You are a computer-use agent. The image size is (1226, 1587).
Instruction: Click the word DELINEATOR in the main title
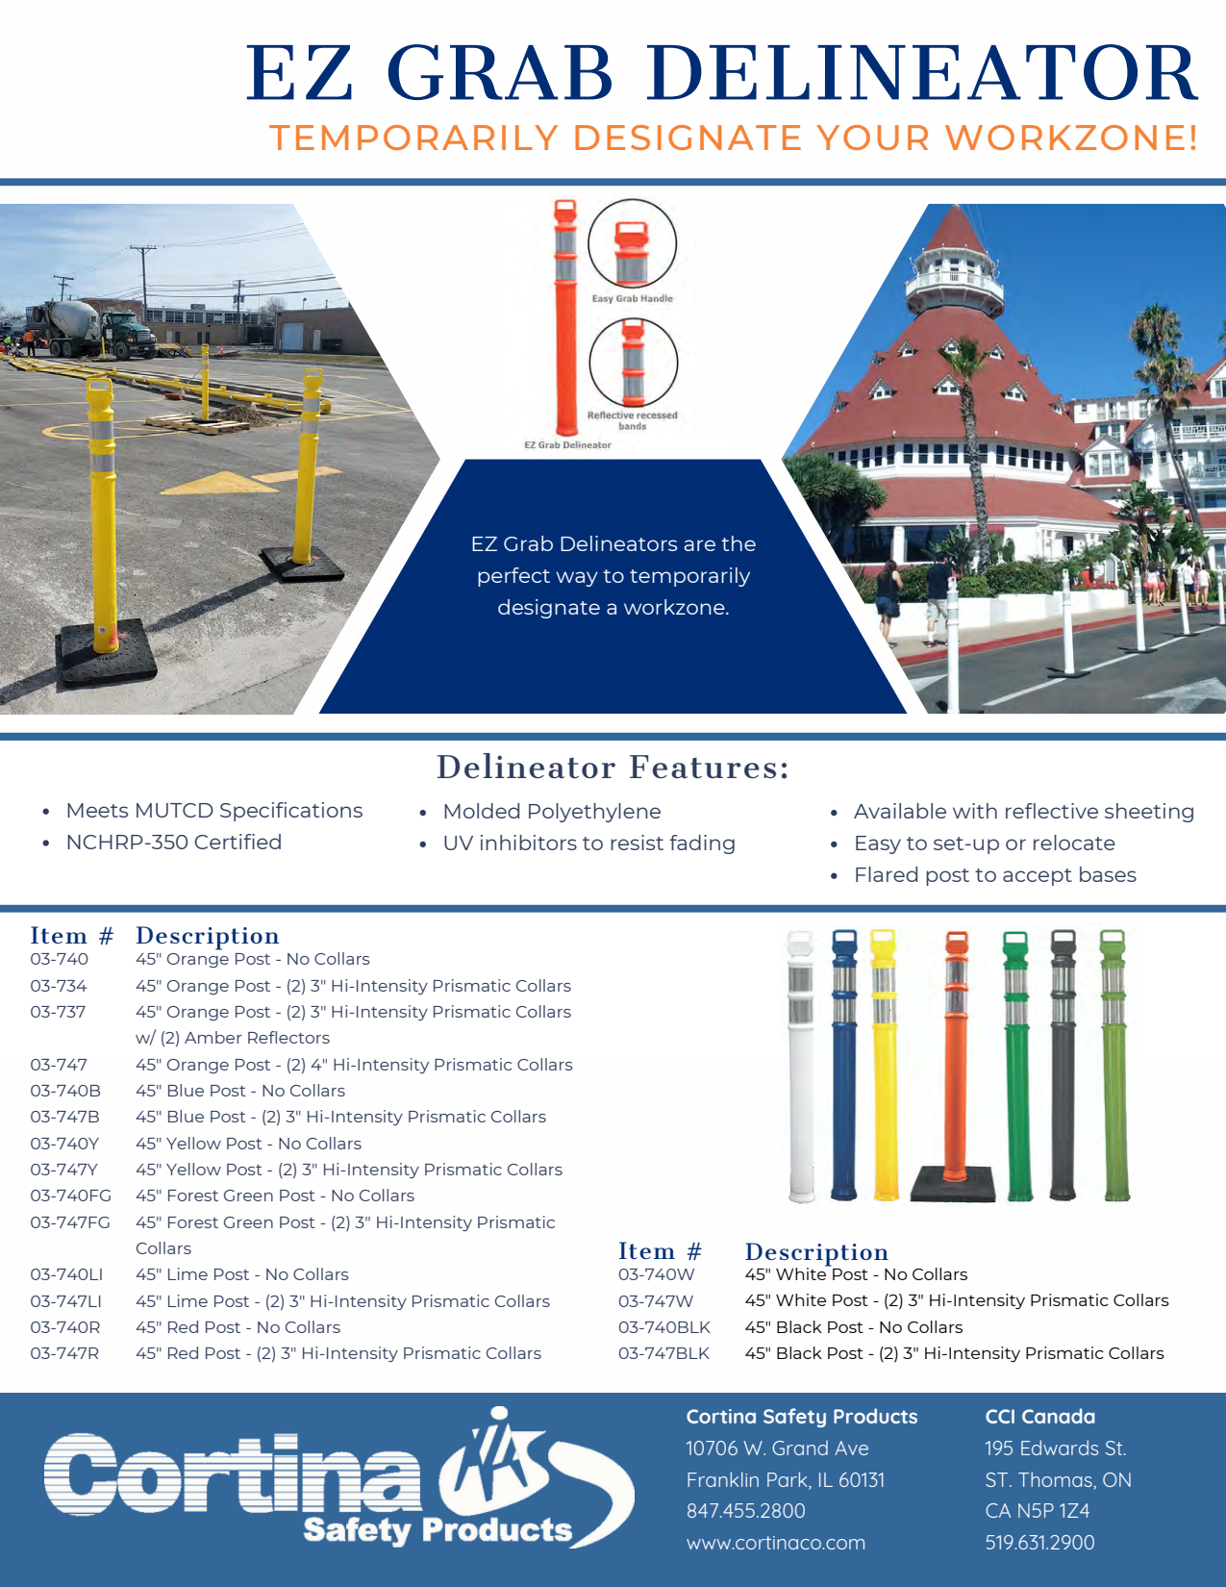point(922,73)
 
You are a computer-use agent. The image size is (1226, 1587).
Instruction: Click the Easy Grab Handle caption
point(633,298)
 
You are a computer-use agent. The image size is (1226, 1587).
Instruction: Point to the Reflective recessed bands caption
point(633,420)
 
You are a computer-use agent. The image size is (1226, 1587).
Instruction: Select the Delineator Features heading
point(613,768)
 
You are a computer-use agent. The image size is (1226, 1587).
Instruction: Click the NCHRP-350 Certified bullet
point(174,842)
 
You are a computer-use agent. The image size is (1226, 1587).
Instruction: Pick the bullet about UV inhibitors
point(588,843)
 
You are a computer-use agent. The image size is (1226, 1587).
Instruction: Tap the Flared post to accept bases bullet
point(994,875)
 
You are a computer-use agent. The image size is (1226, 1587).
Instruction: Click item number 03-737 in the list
point(58,1012)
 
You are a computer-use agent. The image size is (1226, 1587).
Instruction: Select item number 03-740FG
point(71,1196)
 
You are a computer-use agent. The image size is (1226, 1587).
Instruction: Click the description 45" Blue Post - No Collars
point(240,1091)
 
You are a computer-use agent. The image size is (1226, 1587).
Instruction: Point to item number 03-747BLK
point(663,1353)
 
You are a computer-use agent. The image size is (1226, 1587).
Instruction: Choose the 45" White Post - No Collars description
point(856,1274)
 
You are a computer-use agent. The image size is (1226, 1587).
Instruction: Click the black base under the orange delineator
point(953,1183)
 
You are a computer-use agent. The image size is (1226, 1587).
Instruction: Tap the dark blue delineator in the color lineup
point(844,1065)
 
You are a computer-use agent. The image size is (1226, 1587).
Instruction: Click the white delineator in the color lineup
point(801,1067)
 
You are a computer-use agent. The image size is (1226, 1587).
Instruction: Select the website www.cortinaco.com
point(775,1543)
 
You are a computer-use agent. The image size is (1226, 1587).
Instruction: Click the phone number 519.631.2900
point(1039,1543)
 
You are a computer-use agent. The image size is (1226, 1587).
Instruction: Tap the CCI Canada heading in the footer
point(1039,1416)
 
